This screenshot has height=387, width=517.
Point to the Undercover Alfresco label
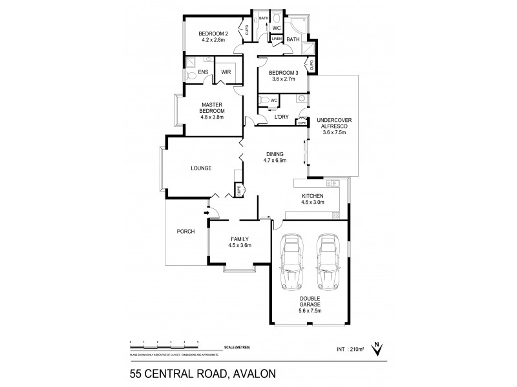coord(330,125)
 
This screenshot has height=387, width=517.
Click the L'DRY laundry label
coord(282,117)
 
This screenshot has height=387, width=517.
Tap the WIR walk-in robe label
coord(226,73)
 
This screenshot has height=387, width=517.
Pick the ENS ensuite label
coord(203,73)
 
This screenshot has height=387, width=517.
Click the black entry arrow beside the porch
coord(207,211)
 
